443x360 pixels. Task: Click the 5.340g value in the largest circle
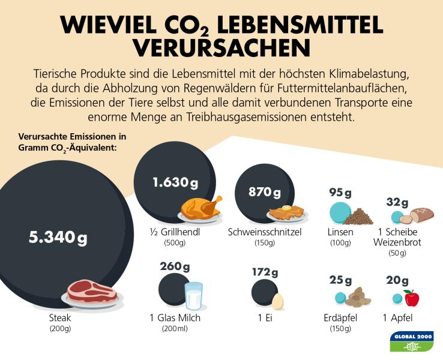click(58, 237)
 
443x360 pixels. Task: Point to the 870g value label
click(265, 193)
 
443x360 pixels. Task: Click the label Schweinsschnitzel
click(264, 232)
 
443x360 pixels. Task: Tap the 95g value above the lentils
click(340, 192)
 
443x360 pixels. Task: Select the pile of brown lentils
click(358, 216)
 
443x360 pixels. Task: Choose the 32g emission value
click(397, 202)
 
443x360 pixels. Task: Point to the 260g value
click(175, 266)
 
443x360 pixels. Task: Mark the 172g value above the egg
click(265, 272)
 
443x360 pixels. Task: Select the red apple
click(411, 298)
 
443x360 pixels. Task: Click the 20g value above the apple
click(397, 280)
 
